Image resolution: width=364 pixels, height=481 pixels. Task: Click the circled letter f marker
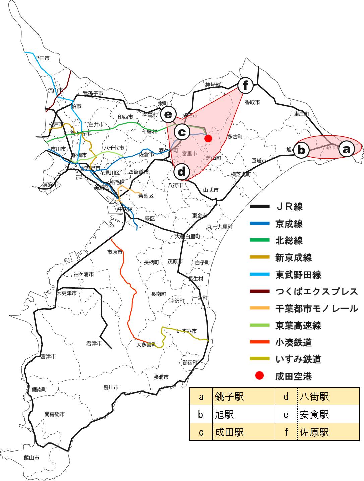[x=245, y=85]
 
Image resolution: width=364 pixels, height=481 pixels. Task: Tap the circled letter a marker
[x=346, y=148]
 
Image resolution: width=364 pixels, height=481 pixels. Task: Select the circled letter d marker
[x=182, y=172]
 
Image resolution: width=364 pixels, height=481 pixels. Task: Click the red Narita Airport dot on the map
[x=208, y=138]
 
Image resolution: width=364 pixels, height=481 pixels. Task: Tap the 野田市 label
[x=42, y=58]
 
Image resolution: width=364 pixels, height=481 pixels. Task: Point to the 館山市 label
[x=32, y=458]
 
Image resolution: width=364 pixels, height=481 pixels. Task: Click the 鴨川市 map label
[x=111, y=387]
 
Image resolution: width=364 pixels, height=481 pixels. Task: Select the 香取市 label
[x=252, y=102]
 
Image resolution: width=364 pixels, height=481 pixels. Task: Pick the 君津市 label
[x=94, y=343]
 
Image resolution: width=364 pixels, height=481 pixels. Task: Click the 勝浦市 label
[x=161, y=377]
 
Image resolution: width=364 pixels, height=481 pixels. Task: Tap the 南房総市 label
[x=55, y=414]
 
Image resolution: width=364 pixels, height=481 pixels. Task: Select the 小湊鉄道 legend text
[x=293, y=342]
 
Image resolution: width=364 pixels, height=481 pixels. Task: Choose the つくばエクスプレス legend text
[x=316, y=291]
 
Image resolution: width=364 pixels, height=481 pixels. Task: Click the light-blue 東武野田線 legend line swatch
[x=260, y=275]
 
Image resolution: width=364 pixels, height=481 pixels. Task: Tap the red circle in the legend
[x=260, y=376]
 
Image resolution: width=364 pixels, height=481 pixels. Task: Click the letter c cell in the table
[x=201, y=432]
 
